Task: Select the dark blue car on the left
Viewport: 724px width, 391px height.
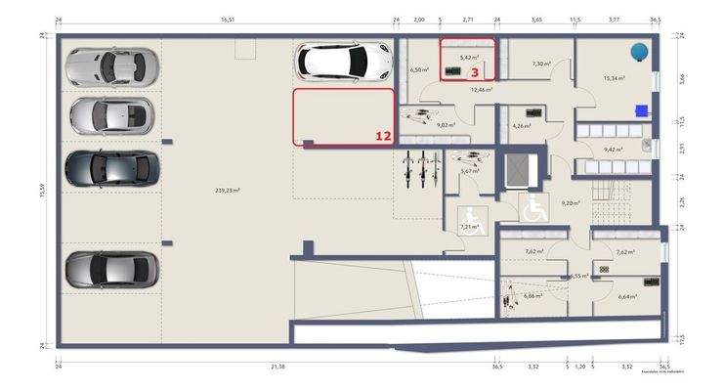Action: pos(110,167)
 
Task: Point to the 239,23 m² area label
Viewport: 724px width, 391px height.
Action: pos(227,191)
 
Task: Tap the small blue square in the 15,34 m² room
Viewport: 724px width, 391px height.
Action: pos(641,109)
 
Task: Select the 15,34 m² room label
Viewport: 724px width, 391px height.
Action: pos(614,78)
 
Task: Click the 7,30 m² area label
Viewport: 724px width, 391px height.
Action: pos(541,64)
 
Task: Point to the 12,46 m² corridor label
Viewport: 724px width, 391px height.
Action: pos(481,90)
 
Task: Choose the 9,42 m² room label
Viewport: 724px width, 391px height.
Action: pos(614,150)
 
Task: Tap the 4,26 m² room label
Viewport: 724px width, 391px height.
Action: pos(521,125)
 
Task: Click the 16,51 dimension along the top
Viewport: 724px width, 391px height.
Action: pos(229,19)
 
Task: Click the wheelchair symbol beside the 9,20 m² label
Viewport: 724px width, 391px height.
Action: pos(534,207)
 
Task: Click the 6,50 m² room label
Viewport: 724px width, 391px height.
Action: pos(420,70)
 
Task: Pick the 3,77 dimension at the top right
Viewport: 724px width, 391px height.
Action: pos(614,19)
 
